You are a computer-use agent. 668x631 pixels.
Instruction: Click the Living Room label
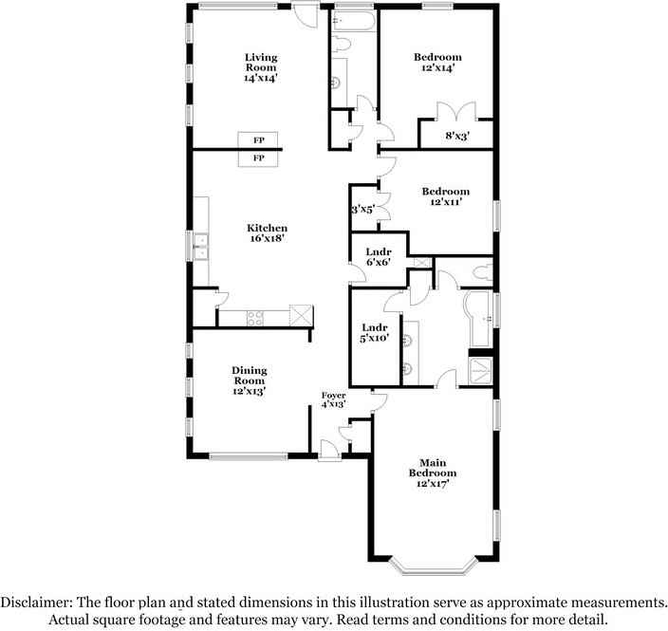pyautogui.click(x=261, y=67)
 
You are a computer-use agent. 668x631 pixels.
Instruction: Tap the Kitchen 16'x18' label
pyautogui.click(x=267, y=233)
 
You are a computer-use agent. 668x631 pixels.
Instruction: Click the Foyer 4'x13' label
pyautogui.click(x=333, y=399)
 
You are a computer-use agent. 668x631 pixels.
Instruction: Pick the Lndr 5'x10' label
pyautogui.click(x=374, y=332)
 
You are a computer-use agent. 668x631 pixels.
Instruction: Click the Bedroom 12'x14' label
pyautogui.click(x=436, y=63)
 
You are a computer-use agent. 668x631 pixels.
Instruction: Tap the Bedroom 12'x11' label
pyautogui.click(x=445, y=197)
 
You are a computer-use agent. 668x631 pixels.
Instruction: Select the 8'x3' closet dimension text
pyautogui.click(x=456, y=136)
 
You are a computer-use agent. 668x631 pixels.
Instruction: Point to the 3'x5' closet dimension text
pyautogui.click(x=363, y=210)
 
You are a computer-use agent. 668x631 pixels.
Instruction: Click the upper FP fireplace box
pyautogui.click(x=258, y=139)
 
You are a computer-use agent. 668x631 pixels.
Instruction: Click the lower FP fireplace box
pyautogui.click(x=258, y=158)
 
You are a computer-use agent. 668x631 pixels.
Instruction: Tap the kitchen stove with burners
pyautogui.click(x=255, y=318)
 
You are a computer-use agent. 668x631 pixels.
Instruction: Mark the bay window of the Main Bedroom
pyautogui.click(x=432, y=567)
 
